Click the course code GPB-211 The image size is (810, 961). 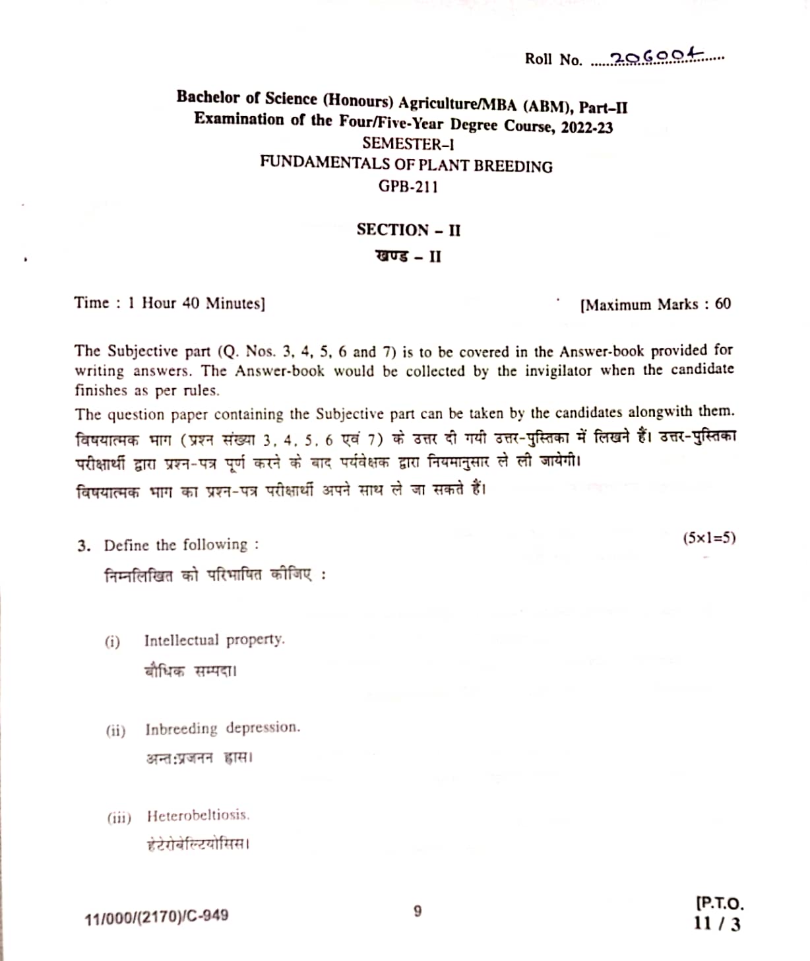tap(408, 186)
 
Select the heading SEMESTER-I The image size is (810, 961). tap(408, 143)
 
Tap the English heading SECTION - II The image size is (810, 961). tap(408, 230)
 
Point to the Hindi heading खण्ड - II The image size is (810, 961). tap(408, 256)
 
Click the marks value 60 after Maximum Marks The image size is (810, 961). tap(723, 304)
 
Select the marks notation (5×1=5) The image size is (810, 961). tap(709, 537)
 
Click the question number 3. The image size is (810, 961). tap(82, 546)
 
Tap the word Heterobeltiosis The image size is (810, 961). tap(198, 816)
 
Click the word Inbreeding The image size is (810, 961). tap(181, 729)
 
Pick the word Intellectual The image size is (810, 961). tap(181, 640)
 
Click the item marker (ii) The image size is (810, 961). tap(115, 731)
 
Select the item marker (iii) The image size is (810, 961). tap(119, 818)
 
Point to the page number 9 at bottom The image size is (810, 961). tap(418, 911)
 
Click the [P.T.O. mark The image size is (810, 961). tap(719, 903)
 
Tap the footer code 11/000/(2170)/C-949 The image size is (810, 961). tap(156, 917)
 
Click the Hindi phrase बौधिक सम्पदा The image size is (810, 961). tap(190, 671)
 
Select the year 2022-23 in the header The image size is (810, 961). tap(586, 127)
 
